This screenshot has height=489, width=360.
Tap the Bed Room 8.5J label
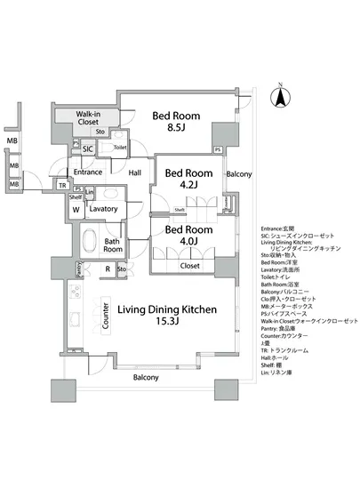(x=175, y=122)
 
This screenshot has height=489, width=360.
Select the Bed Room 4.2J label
(x=188, y=180)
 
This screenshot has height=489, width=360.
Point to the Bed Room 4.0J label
(x=188, y=236)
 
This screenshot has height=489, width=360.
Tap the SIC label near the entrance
(x=87, y=148)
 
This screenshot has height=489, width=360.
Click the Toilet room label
(x=120, y=148)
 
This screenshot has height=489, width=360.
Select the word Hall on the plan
(x=135, y=173)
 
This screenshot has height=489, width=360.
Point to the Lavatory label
(x=104, y=209)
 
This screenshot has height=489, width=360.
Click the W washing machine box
(x=76, y=210)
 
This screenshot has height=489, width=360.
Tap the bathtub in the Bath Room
(x=90, y=241)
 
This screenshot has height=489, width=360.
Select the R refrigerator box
(x=108, y=268)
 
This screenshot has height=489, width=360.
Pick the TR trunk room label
(x=61, y=185)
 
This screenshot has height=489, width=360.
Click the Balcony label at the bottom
(x=146, y=377)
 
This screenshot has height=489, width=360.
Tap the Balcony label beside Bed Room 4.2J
(x=238, y=174)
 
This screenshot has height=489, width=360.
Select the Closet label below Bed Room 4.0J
(x=189, y=265)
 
